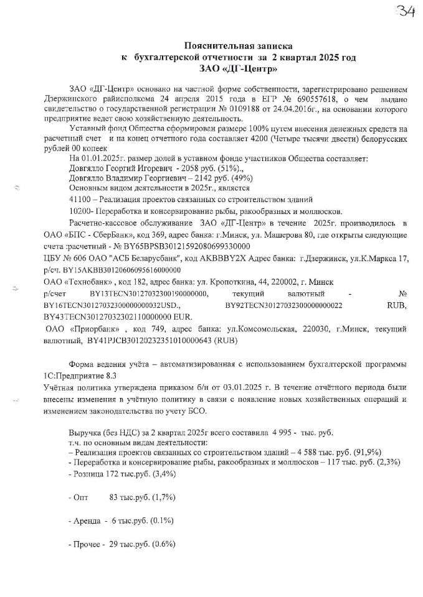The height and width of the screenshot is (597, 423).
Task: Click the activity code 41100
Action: (x=80, y=199)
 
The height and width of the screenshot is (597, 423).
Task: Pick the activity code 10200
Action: (x=80, y=211)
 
